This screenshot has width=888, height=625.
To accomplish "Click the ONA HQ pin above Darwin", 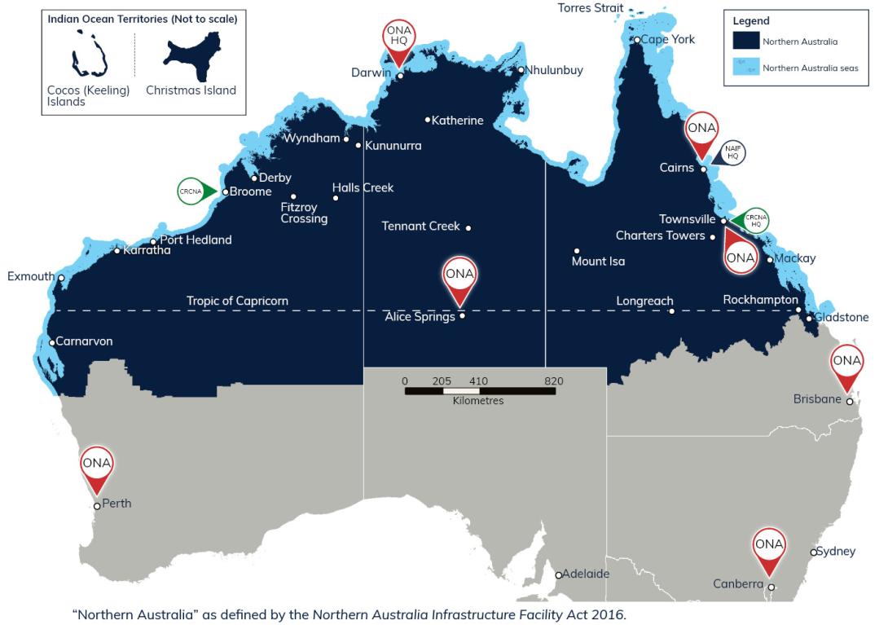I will pyautogui.click(x=399, y=37).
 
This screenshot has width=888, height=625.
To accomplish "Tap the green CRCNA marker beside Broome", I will pyautogui.click(x=196, y=191).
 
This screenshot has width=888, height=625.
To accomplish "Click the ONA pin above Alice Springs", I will pyautogui.click(x=460, y=275).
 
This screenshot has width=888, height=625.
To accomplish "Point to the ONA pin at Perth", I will pyautogui.click(x=97, y=465).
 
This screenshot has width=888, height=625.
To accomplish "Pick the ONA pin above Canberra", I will pyautogui.click(x=769, y=546).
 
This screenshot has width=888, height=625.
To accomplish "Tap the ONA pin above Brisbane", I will pyautogui.click(x=847, y=363).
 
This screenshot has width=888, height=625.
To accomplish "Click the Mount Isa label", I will pyautogui.click(x=598, y=262).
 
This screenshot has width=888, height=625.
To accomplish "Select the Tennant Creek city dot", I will pyautogui.click(x=468, y=227).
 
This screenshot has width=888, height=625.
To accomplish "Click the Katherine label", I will pyautogui.click(x=457, y=121).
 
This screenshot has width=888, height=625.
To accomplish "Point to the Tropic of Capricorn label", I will pyautogui.click(x=237, y=301).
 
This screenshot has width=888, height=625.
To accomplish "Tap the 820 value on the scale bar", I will pyautogui.click(x=554, y=381).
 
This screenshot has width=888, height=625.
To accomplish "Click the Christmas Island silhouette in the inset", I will pyautogui.click(x=191, y=58).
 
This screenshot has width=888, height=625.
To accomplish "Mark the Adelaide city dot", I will pyautogui.click(x=558, y=575).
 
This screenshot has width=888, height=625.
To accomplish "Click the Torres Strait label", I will pyautogui.click(x=591, y=8).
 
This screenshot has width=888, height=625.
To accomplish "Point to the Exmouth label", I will pyautogui.click(x=31, y=276).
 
